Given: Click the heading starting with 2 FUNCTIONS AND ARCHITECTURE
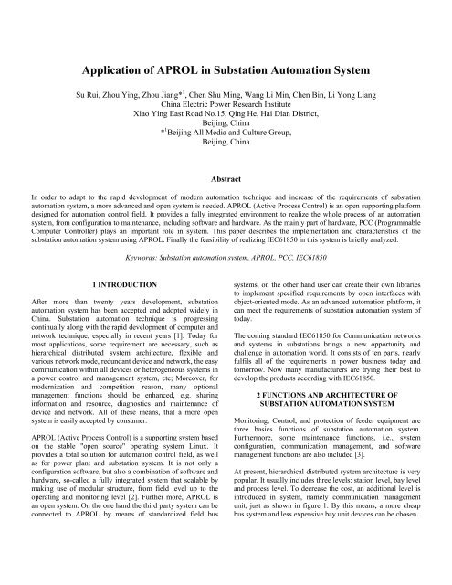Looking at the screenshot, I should (338, 387).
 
